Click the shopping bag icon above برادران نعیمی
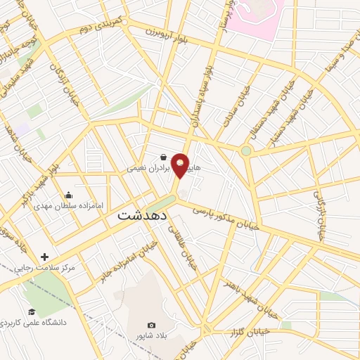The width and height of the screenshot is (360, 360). point(163,157)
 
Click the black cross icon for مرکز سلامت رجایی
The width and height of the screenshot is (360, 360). point(46,257)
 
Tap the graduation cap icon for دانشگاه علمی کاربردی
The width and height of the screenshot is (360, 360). point(31,311)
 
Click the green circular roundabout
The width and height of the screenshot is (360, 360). point(246,150)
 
